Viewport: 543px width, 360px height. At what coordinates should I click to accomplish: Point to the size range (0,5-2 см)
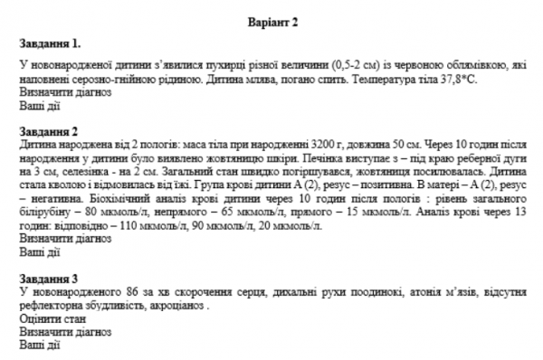pos(338,64)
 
